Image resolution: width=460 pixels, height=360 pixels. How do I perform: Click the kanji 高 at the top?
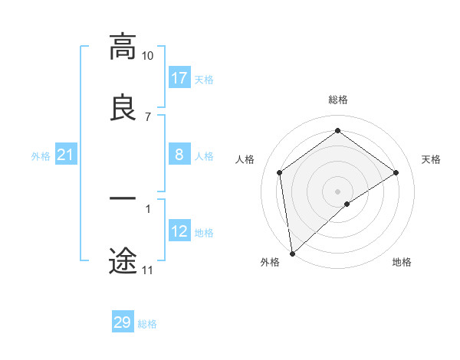[123, 47]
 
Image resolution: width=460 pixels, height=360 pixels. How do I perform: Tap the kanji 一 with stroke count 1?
[123, 198]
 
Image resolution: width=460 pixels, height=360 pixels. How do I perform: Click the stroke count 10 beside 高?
[148, 56]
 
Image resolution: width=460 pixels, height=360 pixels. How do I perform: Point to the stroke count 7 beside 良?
[148, 116]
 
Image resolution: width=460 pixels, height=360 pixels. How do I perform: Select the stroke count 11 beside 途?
[148, 270]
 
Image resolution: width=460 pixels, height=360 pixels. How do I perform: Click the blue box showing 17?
[179, 78]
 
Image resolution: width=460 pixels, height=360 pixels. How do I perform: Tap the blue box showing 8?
[179, 155]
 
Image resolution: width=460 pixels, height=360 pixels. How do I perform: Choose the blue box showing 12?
[179, 231]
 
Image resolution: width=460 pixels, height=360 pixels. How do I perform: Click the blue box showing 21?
[65, 155]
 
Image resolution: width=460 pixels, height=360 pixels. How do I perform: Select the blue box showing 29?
[122, 322]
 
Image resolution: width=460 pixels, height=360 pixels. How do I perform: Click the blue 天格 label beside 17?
[204, 80]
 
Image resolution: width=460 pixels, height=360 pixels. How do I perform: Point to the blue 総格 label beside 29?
[147, 324]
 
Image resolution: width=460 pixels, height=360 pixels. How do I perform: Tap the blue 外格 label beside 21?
[41, 156]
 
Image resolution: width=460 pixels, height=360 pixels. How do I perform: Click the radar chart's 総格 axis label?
[338, 100]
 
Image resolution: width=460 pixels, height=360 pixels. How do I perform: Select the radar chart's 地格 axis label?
[402, 262]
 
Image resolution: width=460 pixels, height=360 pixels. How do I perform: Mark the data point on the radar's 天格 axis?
[396, 172]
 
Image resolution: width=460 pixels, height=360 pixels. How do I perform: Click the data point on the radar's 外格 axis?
[291, 254]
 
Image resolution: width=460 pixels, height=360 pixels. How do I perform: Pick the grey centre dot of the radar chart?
[338, 191]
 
